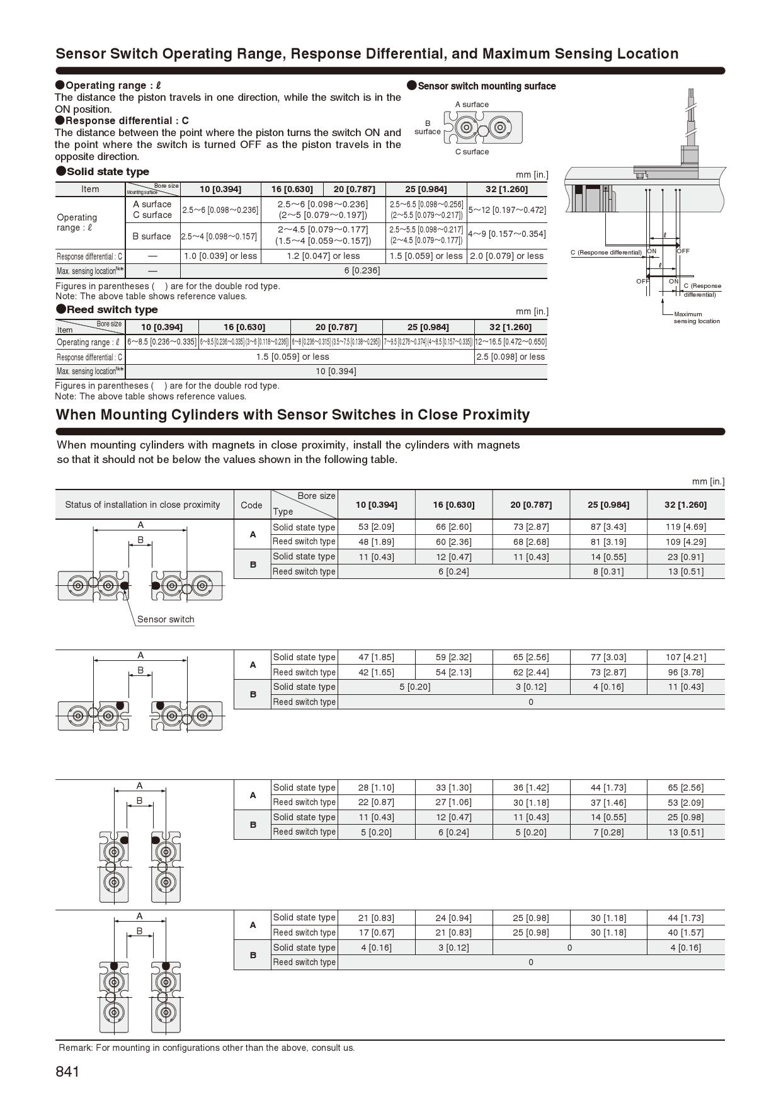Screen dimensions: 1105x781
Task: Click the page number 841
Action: tap(67, 1071)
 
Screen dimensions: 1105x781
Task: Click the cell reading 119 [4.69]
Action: tap(685, 527)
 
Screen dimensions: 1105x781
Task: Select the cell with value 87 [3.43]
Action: tap(608, 527)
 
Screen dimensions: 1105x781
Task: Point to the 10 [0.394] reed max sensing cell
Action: tap(336, 371)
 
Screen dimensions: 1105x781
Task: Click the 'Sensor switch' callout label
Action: tap(166, 619)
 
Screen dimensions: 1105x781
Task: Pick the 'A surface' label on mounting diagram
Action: tap(472, 105)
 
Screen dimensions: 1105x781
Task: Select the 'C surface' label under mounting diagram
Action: tap(472, 152)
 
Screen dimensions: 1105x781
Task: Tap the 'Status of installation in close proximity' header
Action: tap(143, 505)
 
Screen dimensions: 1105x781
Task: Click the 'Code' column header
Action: tap(251, 505)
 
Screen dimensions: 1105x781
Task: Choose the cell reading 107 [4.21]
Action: tap(685, 657)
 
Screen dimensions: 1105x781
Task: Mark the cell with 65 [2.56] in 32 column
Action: tap(685, 787)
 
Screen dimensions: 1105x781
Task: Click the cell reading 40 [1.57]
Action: tap(685, 932)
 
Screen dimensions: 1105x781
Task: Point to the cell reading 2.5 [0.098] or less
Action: tap(510, 357)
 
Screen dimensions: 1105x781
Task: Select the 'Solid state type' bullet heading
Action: tap(108, 171)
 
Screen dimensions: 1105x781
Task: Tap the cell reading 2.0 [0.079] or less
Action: tap(506, 256)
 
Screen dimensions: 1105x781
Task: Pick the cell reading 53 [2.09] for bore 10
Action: tap(376, 527)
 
